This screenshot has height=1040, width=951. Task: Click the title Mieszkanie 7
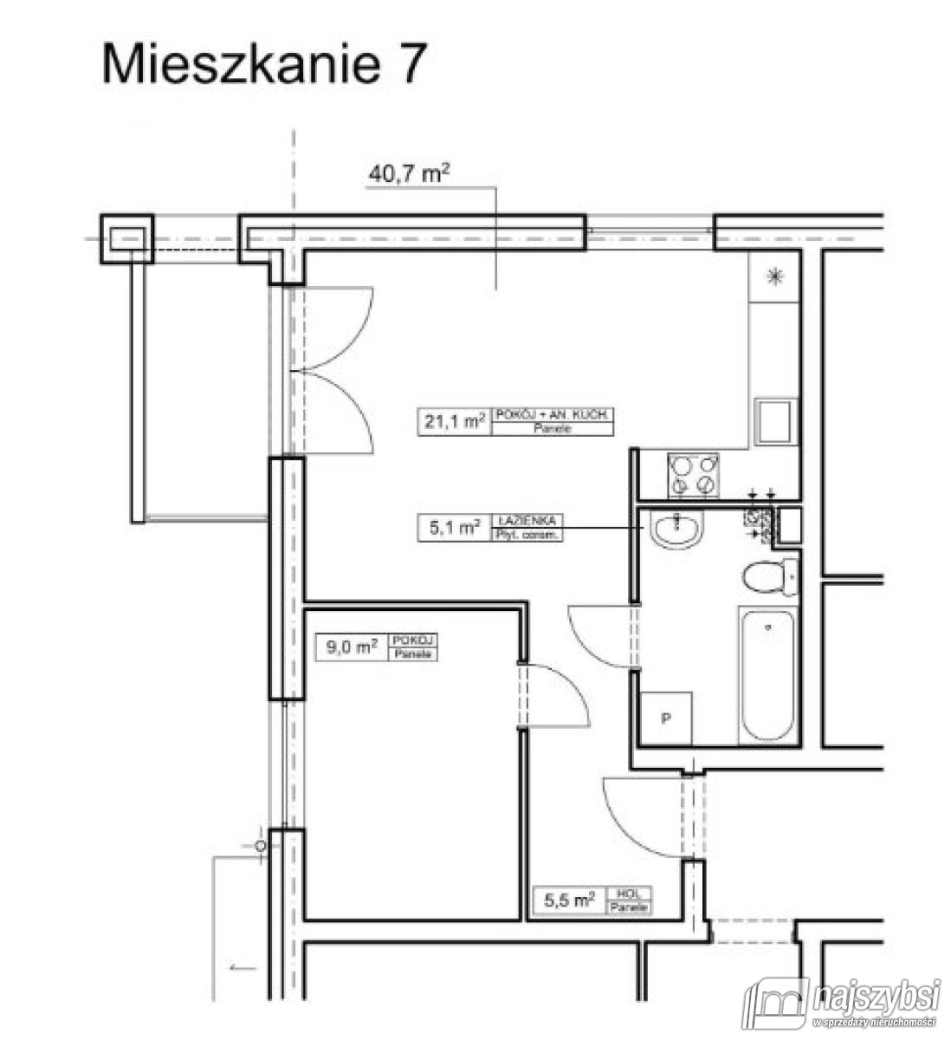pyautogui.click(x=264, y=64)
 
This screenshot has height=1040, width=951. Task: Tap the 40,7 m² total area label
pyautogui.click(x=410, y=174)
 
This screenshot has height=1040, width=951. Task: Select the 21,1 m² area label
pyautogui.click(x=454, y=423)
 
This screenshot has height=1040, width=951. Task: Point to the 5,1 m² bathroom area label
pyautogui.click(x=454, y=526)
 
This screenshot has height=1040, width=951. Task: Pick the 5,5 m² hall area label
pyautogui.click(x=568, y=900)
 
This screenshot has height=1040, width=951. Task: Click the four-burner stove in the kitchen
pyautogui.click(x=694, y=475)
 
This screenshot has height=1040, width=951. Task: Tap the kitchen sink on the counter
pyautogui.click(x=773, y=421)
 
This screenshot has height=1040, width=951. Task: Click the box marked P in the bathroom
pyautogui.click(x=667, y=718)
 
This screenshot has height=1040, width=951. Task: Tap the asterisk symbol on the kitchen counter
pyautogui.click(x=774, y=276)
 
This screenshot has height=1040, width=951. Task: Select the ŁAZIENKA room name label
pyautogui.click(x=527, y=521)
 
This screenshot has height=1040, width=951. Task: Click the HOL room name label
pyautogui.click(x=631, y=894)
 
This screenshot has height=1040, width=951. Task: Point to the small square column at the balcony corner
pyautogui.click(x=128, y=238)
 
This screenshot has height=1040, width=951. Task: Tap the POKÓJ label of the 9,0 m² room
pyautogui.click(x=414, y=640)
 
